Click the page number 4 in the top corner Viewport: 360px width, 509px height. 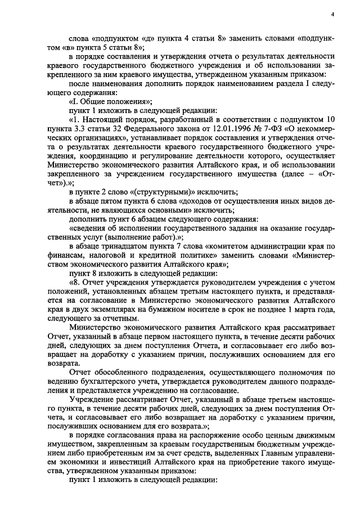coord(333,14)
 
